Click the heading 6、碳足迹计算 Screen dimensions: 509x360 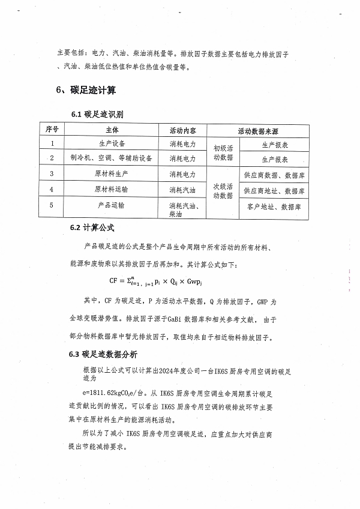(x=86, y=91)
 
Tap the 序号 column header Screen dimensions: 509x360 (x=52, y=130)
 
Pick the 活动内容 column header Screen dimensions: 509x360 (x=183, y=130)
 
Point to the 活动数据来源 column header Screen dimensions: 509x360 (x=261, y=130)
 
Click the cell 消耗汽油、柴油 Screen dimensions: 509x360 (x=183, y=209)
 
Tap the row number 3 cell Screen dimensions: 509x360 (x=52, y=174)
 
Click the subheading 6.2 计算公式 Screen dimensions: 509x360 (x=92, y=229)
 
